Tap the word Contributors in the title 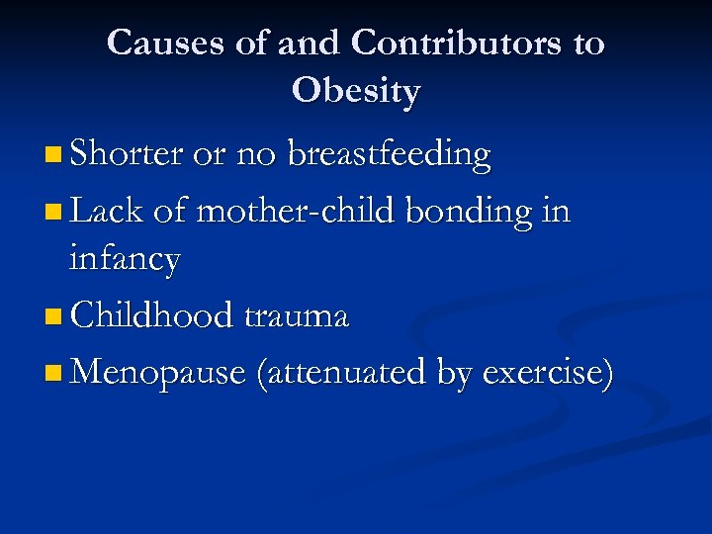459,43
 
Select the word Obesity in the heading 356,91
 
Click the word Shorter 127,154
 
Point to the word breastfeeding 388,155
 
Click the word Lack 105,210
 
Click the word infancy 125,260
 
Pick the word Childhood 149,316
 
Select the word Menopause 158,373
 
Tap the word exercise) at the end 548,373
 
